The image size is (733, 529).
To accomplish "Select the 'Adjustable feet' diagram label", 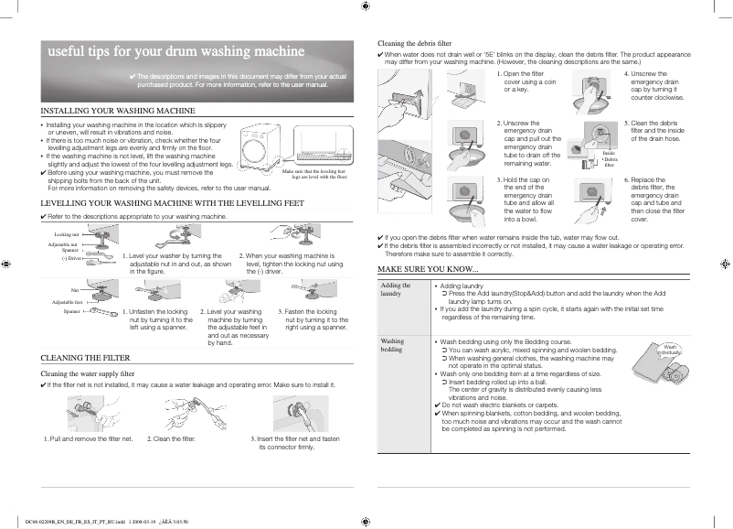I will (68, 301).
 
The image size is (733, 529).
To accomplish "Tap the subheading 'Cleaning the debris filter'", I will (415, 43).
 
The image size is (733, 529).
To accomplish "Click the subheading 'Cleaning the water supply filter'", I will (89, 373).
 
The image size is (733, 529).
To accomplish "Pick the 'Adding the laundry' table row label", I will (396, 289).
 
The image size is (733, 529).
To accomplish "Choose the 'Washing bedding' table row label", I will (392, 345).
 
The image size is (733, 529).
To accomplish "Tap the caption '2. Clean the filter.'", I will (172, 439).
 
